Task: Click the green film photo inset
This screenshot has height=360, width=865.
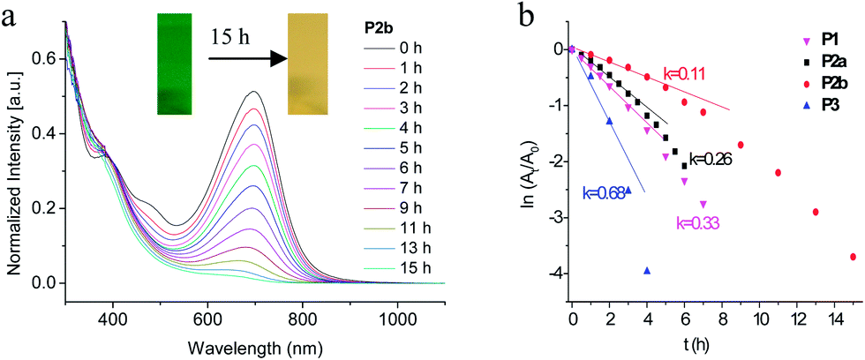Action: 175,64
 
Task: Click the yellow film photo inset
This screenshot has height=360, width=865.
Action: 308,64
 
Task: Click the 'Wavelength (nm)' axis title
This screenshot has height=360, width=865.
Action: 255,348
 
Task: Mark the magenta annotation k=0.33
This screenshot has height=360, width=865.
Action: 698,222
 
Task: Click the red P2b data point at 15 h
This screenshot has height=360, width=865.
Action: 853,257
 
